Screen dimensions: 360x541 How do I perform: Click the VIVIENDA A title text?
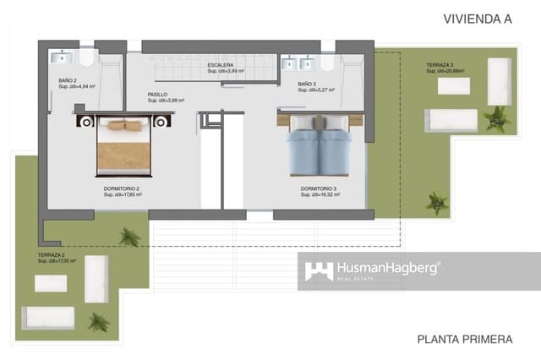pyautogui.click(x=478, y=18)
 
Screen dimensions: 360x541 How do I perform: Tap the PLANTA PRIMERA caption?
pyautogui.click(x=464, y=340)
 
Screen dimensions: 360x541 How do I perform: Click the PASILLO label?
pyautogui.click(x=157, y=95)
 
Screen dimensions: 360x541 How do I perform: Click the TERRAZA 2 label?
pyautogui.click(x=52, y=255)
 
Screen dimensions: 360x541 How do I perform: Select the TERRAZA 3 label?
pyautogui.click(x=440, y=65)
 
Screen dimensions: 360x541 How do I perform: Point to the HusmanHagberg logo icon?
pyautogui.click(x=319, y=271)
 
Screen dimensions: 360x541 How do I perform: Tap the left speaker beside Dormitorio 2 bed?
pyautogui.click(x=85, y=121)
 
